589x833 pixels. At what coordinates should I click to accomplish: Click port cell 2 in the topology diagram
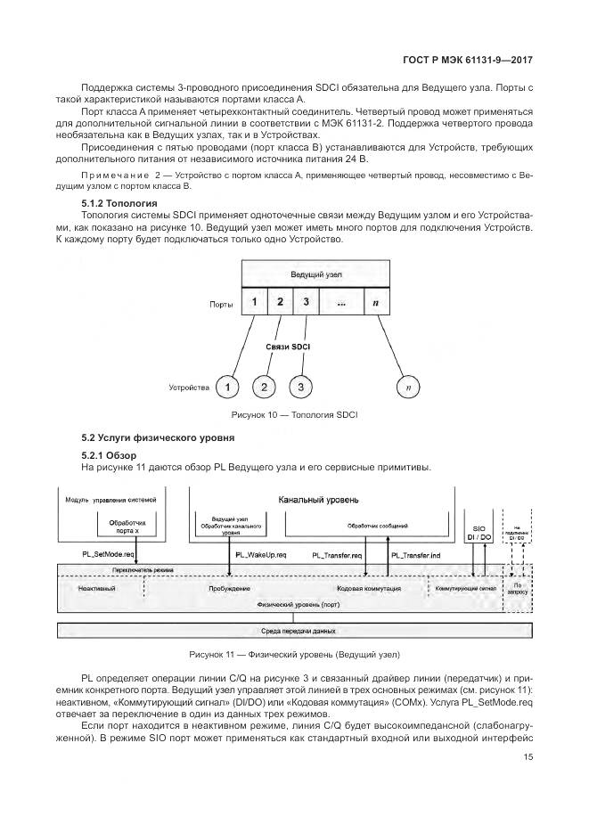click(280, 303)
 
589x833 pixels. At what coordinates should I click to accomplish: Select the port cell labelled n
click(375, 303)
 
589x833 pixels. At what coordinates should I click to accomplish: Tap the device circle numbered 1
click(229, 387)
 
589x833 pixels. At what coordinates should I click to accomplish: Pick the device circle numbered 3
click(301, 387)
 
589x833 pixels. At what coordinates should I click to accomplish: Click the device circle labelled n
click(408, 387)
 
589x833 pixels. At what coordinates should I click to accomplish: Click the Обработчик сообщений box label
click(377, 526)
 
